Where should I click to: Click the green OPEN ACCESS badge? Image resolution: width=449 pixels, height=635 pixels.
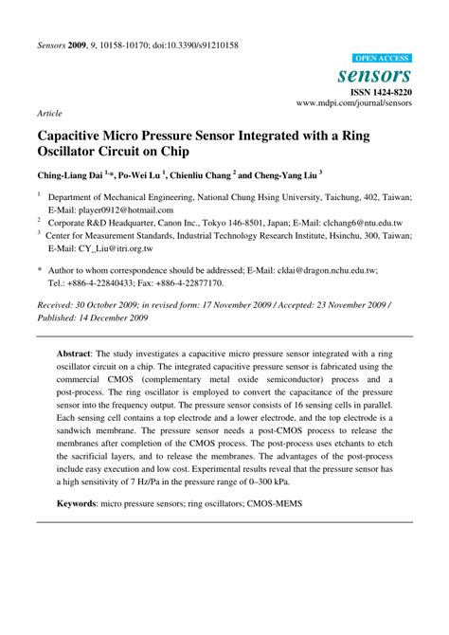click(383, 58)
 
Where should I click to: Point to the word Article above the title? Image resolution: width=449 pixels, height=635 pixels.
click(49, 112)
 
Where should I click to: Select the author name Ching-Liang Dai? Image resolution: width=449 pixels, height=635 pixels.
click(70, 175)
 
